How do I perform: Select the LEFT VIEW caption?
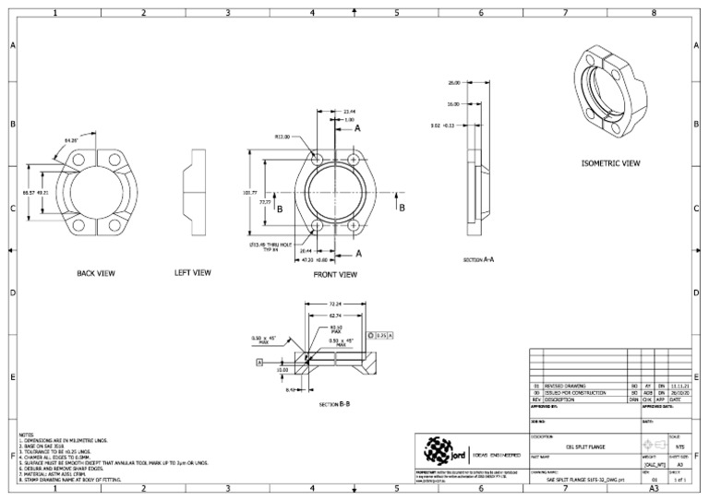tap(193, 273)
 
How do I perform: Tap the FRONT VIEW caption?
tap(335, 274)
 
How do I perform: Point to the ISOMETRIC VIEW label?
tap(610, 162)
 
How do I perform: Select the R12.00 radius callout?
tap(282, 137)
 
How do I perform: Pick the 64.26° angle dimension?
tap(71, 140)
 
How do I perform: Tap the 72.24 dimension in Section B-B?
tap(336, 304)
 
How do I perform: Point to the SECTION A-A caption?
tap(480, 261)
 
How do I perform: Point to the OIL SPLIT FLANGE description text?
tap(575, 444)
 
